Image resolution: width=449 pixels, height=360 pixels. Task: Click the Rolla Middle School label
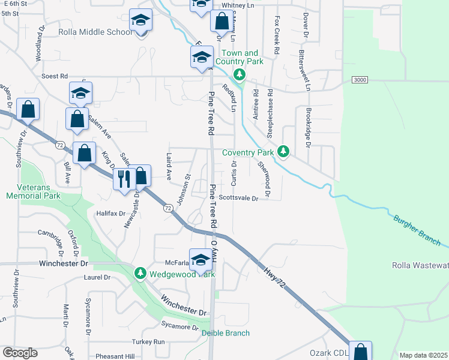95,32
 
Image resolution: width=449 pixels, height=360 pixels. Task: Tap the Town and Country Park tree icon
240,74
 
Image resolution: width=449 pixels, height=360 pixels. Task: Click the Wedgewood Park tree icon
140,274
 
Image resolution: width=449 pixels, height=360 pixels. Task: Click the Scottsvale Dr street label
238,197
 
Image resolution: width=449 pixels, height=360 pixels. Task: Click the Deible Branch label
225,333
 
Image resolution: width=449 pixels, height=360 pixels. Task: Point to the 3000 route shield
360,80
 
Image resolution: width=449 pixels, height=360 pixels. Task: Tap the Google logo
19,353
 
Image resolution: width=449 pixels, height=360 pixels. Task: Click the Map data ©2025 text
423,355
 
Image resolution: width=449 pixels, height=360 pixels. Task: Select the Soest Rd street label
55,76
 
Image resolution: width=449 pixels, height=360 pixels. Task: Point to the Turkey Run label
150,341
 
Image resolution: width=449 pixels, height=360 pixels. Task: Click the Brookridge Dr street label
307,127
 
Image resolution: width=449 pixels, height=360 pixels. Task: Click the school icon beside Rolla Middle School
141,20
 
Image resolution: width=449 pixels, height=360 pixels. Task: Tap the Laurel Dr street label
98,278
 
